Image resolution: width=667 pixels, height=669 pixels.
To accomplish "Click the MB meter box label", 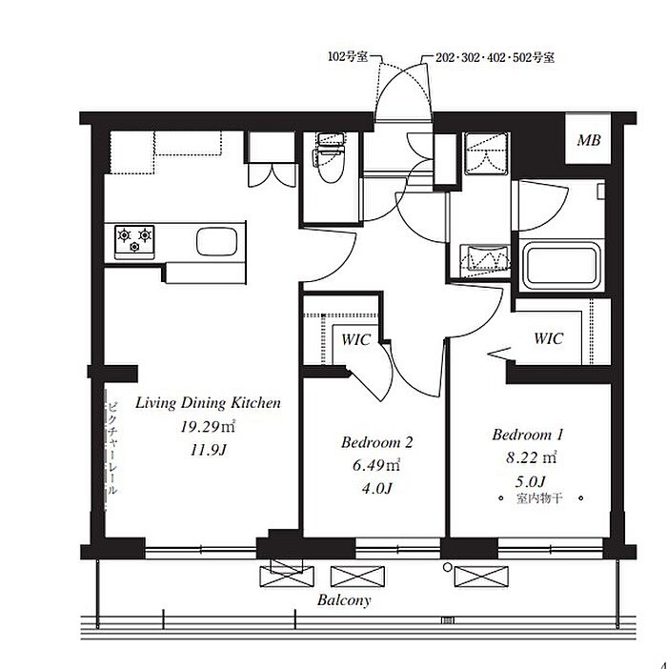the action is [x=589, y=140].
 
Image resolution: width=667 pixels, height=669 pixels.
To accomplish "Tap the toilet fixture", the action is [x=330, y=157].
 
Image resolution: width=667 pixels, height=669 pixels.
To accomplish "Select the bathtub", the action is [x=561, y=265].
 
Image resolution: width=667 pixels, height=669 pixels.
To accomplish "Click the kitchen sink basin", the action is [x=216, y=242].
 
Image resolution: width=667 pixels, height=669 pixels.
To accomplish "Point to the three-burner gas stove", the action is [x=134, y=242].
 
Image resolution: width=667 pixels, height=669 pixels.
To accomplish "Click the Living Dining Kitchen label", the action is [x=208, y=403].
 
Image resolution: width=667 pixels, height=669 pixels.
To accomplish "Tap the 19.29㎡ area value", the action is [x=208, y=427].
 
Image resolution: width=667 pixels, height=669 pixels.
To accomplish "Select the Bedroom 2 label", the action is [x=377, y=442].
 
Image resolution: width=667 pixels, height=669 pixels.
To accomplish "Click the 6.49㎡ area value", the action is [x=376, y=465].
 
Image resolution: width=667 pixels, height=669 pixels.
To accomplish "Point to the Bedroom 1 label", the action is [x=528, y=435].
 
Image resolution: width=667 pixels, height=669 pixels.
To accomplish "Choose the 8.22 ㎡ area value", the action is [x=532, y=457].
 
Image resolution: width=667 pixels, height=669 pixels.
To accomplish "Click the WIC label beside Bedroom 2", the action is [x=355, y=340].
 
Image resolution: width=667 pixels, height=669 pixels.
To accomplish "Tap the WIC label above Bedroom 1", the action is [x=549, y=338].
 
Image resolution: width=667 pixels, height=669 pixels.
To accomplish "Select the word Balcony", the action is [x=344, y=600].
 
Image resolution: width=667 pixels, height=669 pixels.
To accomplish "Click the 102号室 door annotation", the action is [x=348, y=56].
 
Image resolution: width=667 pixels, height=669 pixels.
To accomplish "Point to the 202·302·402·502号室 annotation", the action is [x=495, y=57].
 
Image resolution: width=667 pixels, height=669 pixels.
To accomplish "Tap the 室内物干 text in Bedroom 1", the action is [x=540, y=497].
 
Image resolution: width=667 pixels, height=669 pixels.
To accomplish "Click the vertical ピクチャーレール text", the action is [x=111, y=448].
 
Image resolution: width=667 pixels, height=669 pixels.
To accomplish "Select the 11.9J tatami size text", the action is [x=208, y=450].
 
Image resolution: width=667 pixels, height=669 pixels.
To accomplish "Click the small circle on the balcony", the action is [x=448, y=567].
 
